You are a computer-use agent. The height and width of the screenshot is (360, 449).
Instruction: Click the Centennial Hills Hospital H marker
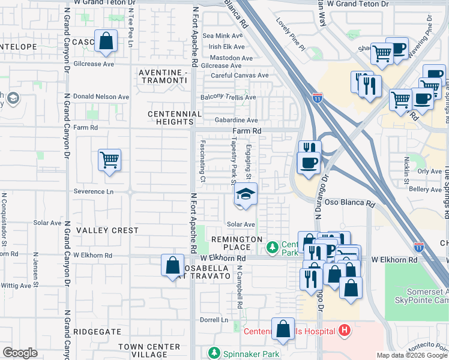344,330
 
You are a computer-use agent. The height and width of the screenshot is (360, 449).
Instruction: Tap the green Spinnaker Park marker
213,353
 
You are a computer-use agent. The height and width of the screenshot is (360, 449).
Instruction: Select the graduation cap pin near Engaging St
245,195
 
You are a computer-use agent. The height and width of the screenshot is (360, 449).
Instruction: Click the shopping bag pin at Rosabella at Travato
172,266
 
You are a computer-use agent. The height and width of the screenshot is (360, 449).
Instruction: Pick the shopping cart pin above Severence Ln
109,161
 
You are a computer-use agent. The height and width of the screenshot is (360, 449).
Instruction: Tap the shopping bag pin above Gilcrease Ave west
106,43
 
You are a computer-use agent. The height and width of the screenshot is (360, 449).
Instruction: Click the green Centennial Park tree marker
273,247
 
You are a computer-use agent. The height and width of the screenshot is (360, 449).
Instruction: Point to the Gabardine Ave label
236,120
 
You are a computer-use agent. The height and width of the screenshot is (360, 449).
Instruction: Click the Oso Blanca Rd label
349,203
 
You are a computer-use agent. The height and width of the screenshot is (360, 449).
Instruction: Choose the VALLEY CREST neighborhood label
107,230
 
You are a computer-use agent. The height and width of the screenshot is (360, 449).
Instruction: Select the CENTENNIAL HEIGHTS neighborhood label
175,118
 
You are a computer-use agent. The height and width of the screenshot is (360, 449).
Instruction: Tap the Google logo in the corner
20,353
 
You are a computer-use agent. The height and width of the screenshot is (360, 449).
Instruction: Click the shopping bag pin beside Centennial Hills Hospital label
283,329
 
